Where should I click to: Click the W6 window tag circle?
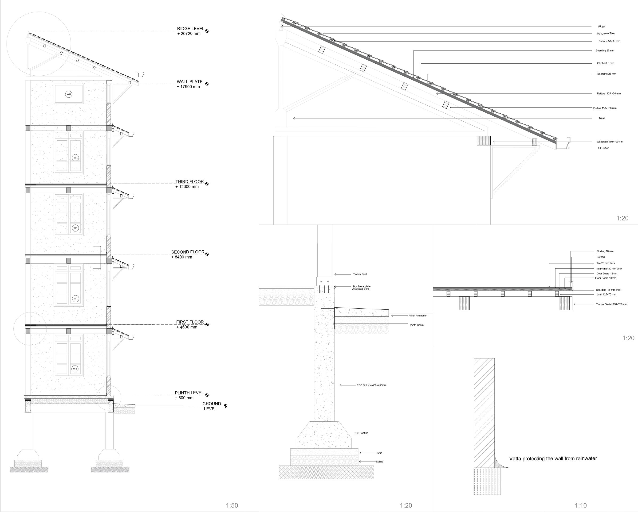pyautogui.click(x=69, y=94)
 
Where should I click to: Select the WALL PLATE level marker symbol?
pyautogui.click(x=207, y=84)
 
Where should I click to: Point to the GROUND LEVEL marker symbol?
pyautogui.click(x=225, y=406)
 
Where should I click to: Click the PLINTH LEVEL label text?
pyautogui.click(x=189, y=393)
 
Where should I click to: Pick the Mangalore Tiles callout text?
pyautogui.click(x=606, y=34)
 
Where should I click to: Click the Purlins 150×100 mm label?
pyautogui.click(x=605, y=108)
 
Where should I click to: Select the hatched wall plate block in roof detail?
pyautogui.click(x=484, y=141)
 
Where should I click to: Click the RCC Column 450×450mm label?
pyautogui.click(x=371, y=385)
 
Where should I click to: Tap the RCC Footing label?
pyautogui.click(x=361, y=433)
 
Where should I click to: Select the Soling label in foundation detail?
pyautogui.click(x=379, y=462)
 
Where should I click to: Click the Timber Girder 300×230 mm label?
pyautogui.click(x=611, y=304)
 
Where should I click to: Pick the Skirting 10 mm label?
pyautogui.click(x=605, y=251)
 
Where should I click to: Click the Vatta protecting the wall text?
pyautogui.click(x=553, y=458)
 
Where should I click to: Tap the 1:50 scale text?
pyautogui.click(x=232, y=505)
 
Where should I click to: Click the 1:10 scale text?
pyautogui.click(x=581, y=505)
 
